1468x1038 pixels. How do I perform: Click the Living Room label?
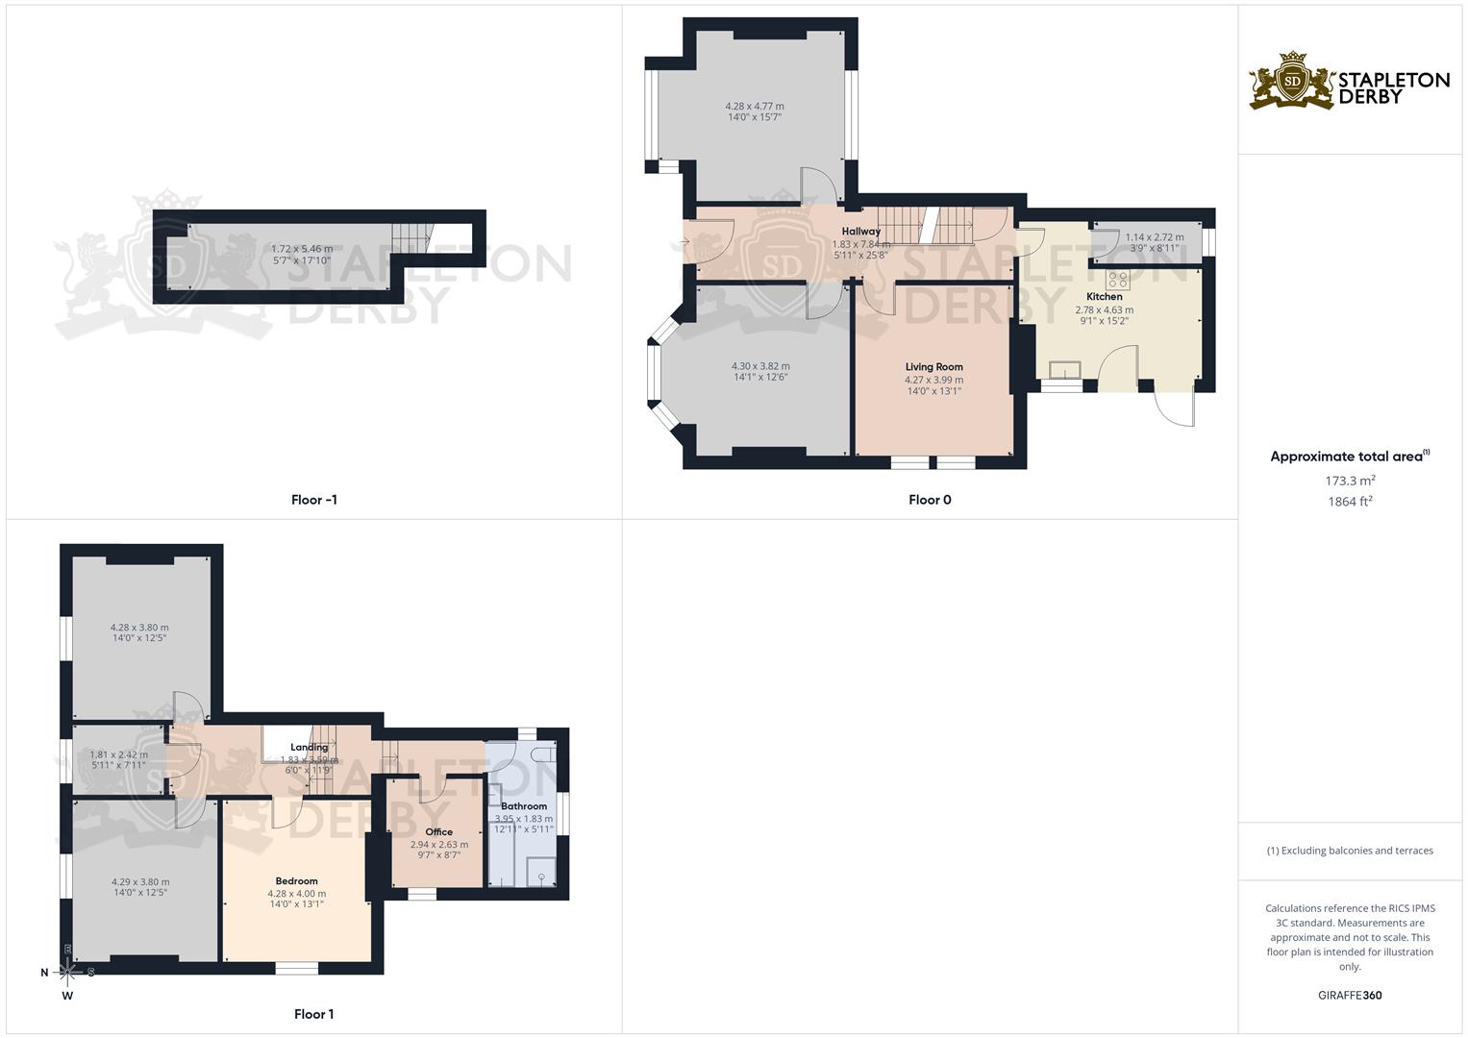(933, 367)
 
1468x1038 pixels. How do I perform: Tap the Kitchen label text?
(1104, 297)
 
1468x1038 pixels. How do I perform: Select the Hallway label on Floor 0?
(860, 232)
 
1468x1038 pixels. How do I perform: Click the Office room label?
(438, 832)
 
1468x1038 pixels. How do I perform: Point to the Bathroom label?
(524, 806)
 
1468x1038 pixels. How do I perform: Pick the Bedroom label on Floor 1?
(296, 881)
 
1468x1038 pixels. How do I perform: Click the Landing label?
(310, 748)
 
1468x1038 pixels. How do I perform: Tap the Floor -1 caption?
(314, 500)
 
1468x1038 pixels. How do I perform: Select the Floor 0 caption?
(930, 500)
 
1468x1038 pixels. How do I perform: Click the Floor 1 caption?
(314, 1014)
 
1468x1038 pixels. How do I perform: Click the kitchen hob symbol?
(1118, 280)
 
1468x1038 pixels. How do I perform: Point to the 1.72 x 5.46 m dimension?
(302, 249)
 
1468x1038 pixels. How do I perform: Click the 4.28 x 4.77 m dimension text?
(754, 106)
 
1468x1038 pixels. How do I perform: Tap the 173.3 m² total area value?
(1350, 480)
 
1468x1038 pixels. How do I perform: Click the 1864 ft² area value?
(1350, 501)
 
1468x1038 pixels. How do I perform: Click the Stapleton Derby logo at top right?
(1350, 81)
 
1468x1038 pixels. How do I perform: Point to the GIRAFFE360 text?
(1350, 995)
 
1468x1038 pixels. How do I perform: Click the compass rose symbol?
(68, 972)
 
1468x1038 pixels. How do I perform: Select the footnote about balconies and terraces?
(1350, 851)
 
